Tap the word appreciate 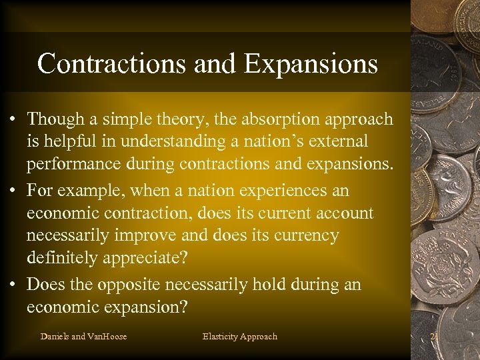(145, 259)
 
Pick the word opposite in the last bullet (129, 285)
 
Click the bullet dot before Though (13, 120)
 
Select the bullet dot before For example (13, 191)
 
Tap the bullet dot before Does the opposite (13, 285)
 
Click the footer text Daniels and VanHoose (83, 337)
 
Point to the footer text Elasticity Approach (239, 337)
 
